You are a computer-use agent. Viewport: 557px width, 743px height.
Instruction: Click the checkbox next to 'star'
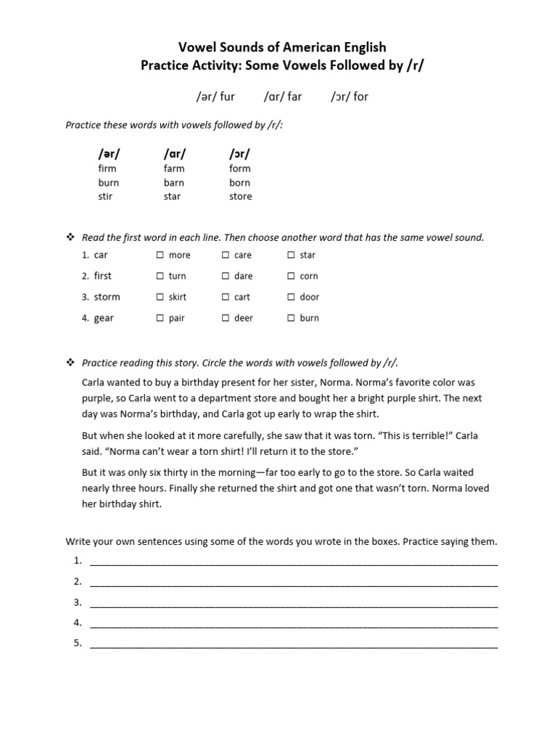point(291,255)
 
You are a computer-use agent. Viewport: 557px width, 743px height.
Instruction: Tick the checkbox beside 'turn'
point(160,276)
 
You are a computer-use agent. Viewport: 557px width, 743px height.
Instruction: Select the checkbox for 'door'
point(291,297)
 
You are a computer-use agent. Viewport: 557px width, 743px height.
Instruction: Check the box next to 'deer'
point(225,319)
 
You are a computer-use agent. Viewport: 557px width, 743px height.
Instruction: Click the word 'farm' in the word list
point(174,168)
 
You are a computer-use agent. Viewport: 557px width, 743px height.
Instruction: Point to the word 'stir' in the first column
point(105,197)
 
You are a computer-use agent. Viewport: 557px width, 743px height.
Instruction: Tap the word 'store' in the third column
point(240,197)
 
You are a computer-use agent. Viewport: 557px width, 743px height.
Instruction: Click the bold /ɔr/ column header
point(239,154)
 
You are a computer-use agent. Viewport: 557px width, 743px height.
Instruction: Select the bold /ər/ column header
point(109,154)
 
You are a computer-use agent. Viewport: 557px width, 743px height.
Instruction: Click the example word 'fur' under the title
point(227,97)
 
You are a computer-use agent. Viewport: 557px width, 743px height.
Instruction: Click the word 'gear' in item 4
point(104,319)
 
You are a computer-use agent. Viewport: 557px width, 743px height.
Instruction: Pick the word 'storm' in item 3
point(107,297)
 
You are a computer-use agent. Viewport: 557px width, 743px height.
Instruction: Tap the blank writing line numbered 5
point(294,644)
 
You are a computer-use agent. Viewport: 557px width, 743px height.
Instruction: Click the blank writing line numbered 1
point(294,562)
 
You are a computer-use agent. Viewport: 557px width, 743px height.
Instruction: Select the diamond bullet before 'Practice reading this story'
point(70,363)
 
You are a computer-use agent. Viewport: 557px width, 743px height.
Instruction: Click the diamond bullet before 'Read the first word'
point(70,238)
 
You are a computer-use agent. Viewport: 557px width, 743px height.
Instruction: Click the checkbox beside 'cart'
point(225,297)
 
